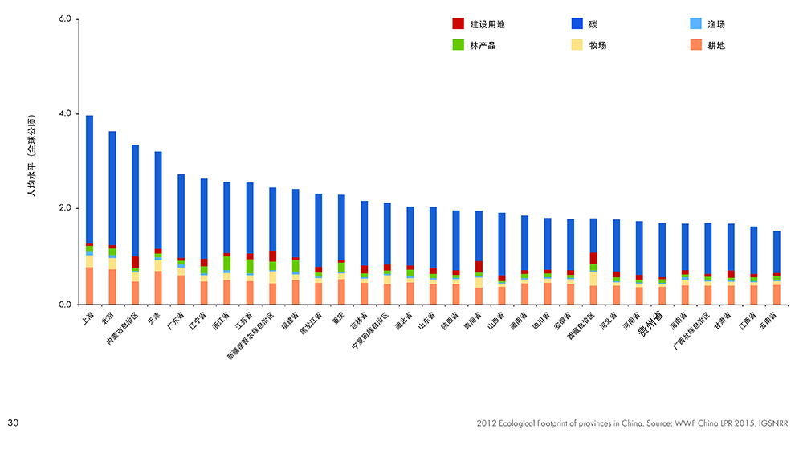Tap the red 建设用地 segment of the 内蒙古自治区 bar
tap(135, 262)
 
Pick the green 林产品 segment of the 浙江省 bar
tap(226, 264)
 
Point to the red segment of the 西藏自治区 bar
tap(593, 258)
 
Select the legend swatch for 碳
tap(577, 24)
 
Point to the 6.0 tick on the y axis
tap(67, 19)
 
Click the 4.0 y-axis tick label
tap(67, 114)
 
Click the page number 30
tap(13, 422)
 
